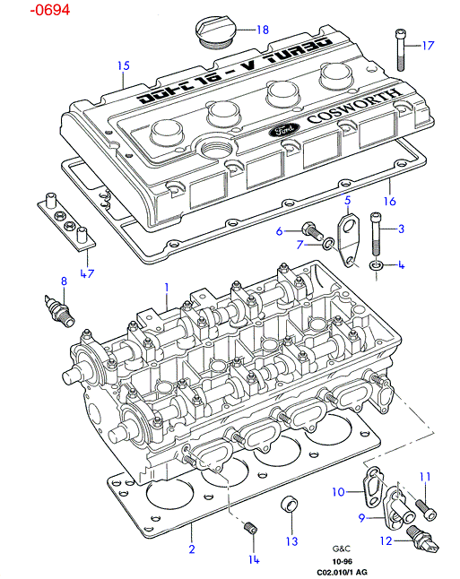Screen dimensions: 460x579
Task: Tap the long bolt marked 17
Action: click(401, 50)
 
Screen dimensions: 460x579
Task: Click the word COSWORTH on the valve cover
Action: click(354, 106)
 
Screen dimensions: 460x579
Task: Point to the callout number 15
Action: click(124, 65)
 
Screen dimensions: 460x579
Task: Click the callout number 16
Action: click(390, 202)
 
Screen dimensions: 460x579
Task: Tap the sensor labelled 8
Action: click(59, 310)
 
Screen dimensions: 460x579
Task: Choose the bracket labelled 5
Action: click(348, 241)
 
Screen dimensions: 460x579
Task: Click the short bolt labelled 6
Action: click(312, 231)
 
